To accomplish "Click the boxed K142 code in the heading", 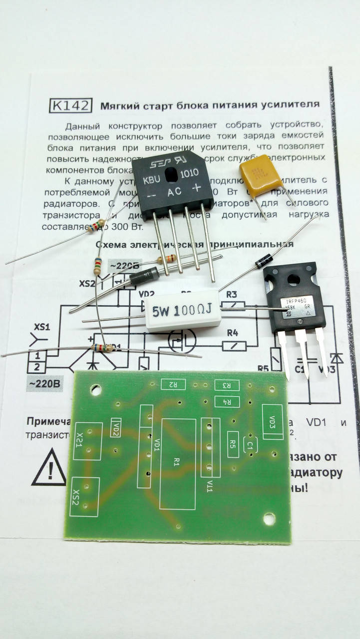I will click(x=71, y=105).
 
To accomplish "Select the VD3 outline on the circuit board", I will click(x=272, y=422).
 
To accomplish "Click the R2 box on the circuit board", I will click(x=173, y=384).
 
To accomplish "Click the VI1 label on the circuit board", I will click(x=210, y=486).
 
